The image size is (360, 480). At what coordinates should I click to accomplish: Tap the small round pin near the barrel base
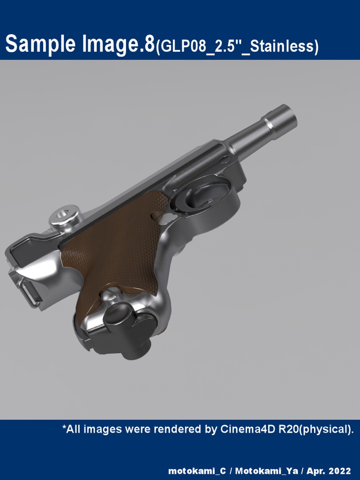click(x=225, y=160)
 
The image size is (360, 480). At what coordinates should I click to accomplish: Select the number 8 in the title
click(x=150, y=44)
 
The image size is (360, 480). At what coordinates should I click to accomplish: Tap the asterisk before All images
click(x=64, y=427)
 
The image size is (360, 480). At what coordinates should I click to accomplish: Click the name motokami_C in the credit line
click(x=197, y=471)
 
